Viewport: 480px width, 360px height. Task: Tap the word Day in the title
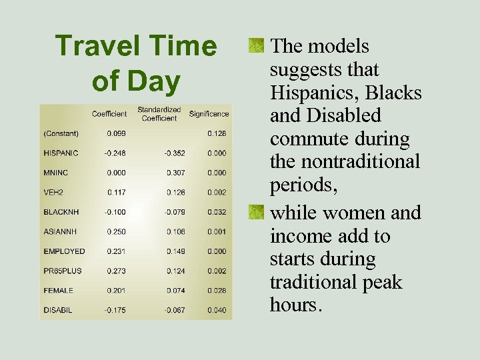155,81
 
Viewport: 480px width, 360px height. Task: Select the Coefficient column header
109,114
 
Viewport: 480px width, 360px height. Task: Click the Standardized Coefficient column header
159,114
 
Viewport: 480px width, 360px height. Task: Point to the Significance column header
209,114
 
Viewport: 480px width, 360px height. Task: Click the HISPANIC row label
61,153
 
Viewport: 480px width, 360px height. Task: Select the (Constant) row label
61,133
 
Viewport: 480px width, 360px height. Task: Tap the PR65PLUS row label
63,271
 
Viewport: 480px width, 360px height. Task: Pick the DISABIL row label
59,311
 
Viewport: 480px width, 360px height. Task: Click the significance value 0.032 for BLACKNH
217,212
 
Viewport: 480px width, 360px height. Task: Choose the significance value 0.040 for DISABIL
217,311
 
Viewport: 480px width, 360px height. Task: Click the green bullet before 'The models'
255,46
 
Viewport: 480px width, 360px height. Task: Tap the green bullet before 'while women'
255,213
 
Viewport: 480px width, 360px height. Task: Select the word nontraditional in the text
361,162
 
